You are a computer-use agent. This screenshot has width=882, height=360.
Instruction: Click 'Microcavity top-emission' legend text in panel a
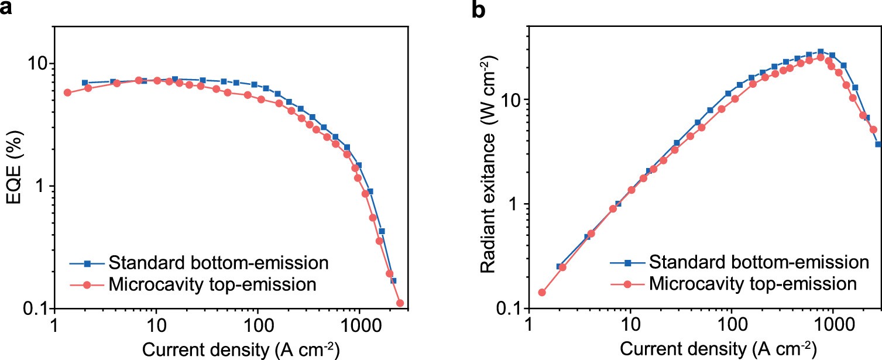(x=212, y=285)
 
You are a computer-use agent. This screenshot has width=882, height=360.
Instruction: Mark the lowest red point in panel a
(x=400, y=303)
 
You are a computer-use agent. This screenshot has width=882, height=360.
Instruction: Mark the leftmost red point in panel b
(x=541, y=292)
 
